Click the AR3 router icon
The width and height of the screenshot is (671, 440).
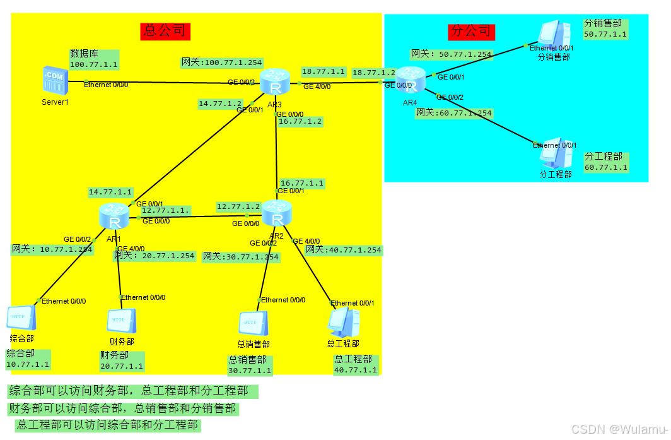[275, 82]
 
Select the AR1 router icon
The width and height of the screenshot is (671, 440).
[114, 217]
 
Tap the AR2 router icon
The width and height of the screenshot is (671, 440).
[276, 213]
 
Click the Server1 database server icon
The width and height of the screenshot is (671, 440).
[54, 80]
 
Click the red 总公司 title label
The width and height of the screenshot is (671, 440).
[165, 30]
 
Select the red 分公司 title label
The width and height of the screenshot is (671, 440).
[471, 31]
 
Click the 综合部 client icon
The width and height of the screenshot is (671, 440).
[21, 319]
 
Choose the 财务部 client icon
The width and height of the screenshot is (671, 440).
[119, 322]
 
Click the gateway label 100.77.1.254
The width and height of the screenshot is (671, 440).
[222, 62]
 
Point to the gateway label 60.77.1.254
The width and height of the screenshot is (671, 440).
[453, 113]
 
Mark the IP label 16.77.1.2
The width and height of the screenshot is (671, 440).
[300, 121]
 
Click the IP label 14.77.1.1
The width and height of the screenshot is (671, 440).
[110, 192]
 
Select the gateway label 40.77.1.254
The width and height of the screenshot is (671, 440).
[344, 250]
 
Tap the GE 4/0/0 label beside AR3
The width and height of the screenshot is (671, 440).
[317, 86]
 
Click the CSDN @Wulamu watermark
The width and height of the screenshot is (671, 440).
[619, 429]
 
